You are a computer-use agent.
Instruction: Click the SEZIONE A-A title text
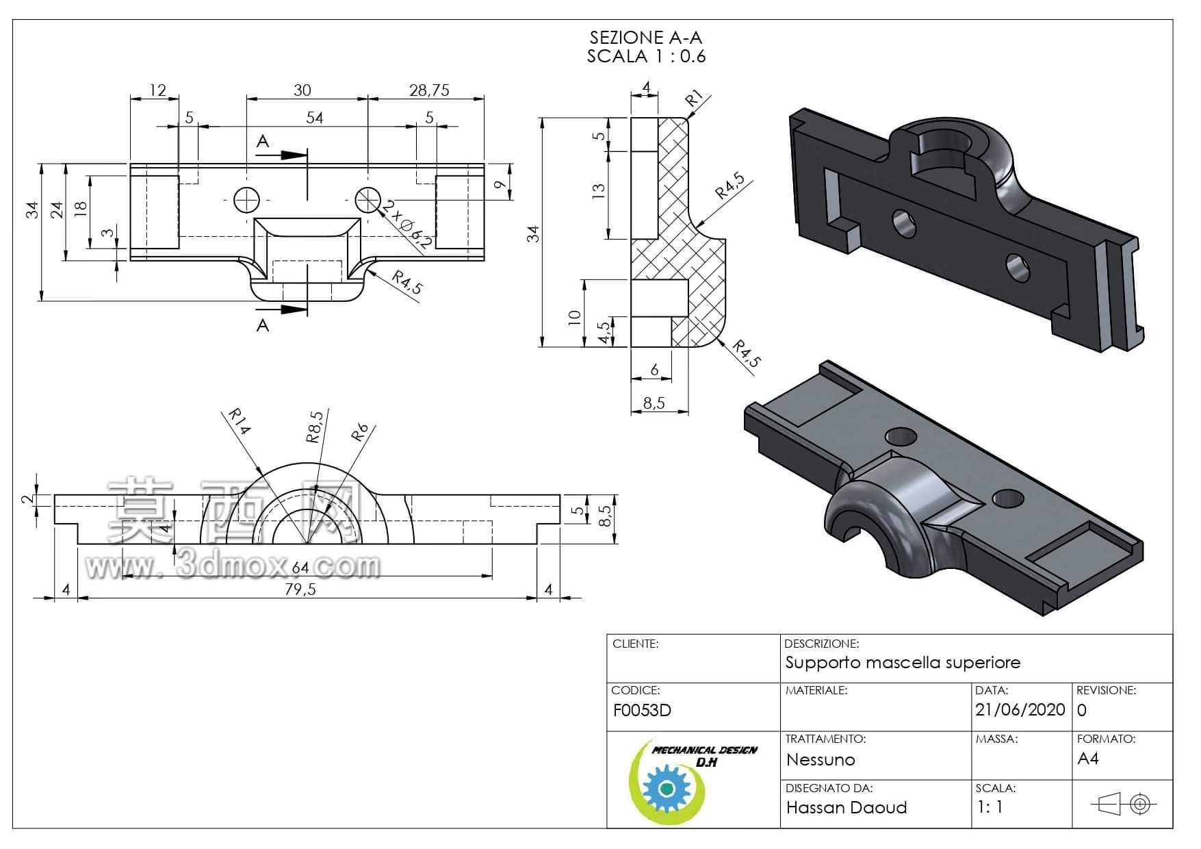pyautogui.click(x=645, y=38)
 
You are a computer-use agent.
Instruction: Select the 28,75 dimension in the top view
pyautogui.click(x=429, y=90)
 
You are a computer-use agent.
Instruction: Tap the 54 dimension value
pyautogui.click(x=314, y=118)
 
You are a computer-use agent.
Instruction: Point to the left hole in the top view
pyautogui.click(x=246, y=200)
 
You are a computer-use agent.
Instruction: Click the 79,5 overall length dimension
pyautogui.click(x=300, y=590)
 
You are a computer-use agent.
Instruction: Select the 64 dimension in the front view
pyautogui.click(x=300, y=568)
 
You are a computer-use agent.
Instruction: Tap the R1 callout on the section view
pyautogui.click(x=695, y=98)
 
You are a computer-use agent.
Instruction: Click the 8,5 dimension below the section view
pyautogui.click(x=654, y=403)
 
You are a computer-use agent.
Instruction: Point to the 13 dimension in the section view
pyautogui.click(x=598, y=190)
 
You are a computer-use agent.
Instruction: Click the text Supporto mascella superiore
pyautogui.click(x=903, y=663)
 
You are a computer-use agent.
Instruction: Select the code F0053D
pyautogui.click(x=641, y=711)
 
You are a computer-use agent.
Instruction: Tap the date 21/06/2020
pyautogui.click(x=1020, y=710)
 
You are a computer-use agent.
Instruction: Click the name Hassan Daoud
pyautogui.click(x=846, y=808)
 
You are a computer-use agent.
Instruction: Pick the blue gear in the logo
pyautogui.click(x=664, y=789)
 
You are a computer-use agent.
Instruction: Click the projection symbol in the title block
pyautogui.click(x=1123, y=804)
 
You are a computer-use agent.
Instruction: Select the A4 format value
pyautogui.click(x=1087, y=759)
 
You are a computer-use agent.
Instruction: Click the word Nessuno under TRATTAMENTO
pyautogui.click(x=821, y=760)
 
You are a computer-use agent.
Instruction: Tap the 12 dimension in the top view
pyautogui.click(x=157, y=90)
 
